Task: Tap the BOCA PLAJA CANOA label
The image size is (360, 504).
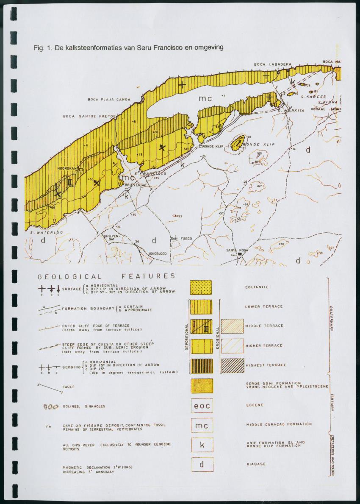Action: pos(109,100)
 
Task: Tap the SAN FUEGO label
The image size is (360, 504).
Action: pos(181,239)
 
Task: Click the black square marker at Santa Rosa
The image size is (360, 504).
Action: pos(240,255)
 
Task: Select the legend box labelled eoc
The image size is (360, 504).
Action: pos(202,405)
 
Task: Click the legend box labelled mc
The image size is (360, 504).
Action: pos(202,425)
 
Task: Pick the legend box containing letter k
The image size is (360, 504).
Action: pos(202,444)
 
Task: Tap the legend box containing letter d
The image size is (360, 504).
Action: pos(202,464)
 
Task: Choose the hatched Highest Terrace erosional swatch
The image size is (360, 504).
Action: pos(233,365)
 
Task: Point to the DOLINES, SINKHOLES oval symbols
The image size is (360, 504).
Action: pos(51,407)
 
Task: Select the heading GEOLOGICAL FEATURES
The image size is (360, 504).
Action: pos(106,276)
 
